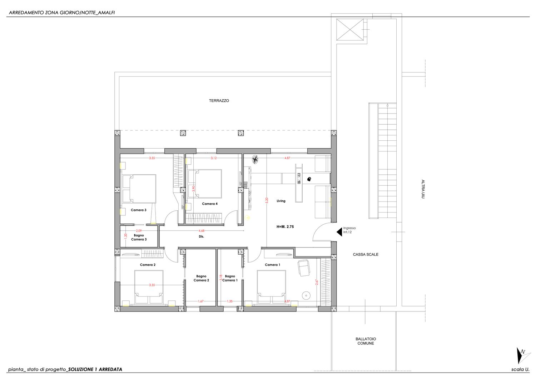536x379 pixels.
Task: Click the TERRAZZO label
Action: tap(219, 101)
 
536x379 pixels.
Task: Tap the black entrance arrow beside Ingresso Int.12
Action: tap(339, 232)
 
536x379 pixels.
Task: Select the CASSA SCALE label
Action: tap(366, 254)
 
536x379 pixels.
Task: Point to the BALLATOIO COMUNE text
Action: tap(366, 341)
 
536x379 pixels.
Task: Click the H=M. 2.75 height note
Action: tap(285, 226)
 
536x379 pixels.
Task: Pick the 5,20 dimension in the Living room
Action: tap(267, 200)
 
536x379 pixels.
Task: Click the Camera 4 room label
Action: tap(210, 204)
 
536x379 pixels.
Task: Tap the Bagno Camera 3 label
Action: tap(139, 237)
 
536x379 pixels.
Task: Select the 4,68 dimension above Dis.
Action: tap(202, 231)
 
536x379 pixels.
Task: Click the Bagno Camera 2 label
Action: tap(201, 278)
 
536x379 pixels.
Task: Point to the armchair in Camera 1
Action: tap(303, 268)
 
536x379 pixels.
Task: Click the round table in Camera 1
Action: tap(306, 295)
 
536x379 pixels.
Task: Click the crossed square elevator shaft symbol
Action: tap(350, 30)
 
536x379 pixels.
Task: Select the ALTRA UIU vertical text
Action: tap(423, 189)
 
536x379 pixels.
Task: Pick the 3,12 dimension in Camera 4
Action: tap(214, 158)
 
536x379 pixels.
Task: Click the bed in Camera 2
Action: tap(149, 287)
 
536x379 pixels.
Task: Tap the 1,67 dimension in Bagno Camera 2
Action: tap(200, 301)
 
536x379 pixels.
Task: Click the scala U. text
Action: tap(520, 369)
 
